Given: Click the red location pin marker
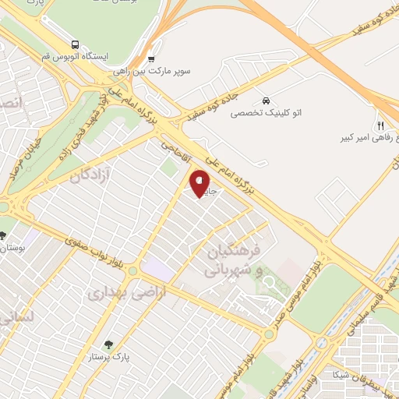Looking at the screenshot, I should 200,184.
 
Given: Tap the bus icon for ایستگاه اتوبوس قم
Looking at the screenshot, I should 75,44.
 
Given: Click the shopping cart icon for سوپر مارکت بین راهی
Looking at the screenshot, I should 151,58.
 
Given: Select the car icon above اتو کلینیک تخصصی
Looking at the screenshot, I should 267,101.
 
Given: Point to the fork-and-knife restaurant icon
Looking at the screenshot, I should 380,125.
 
